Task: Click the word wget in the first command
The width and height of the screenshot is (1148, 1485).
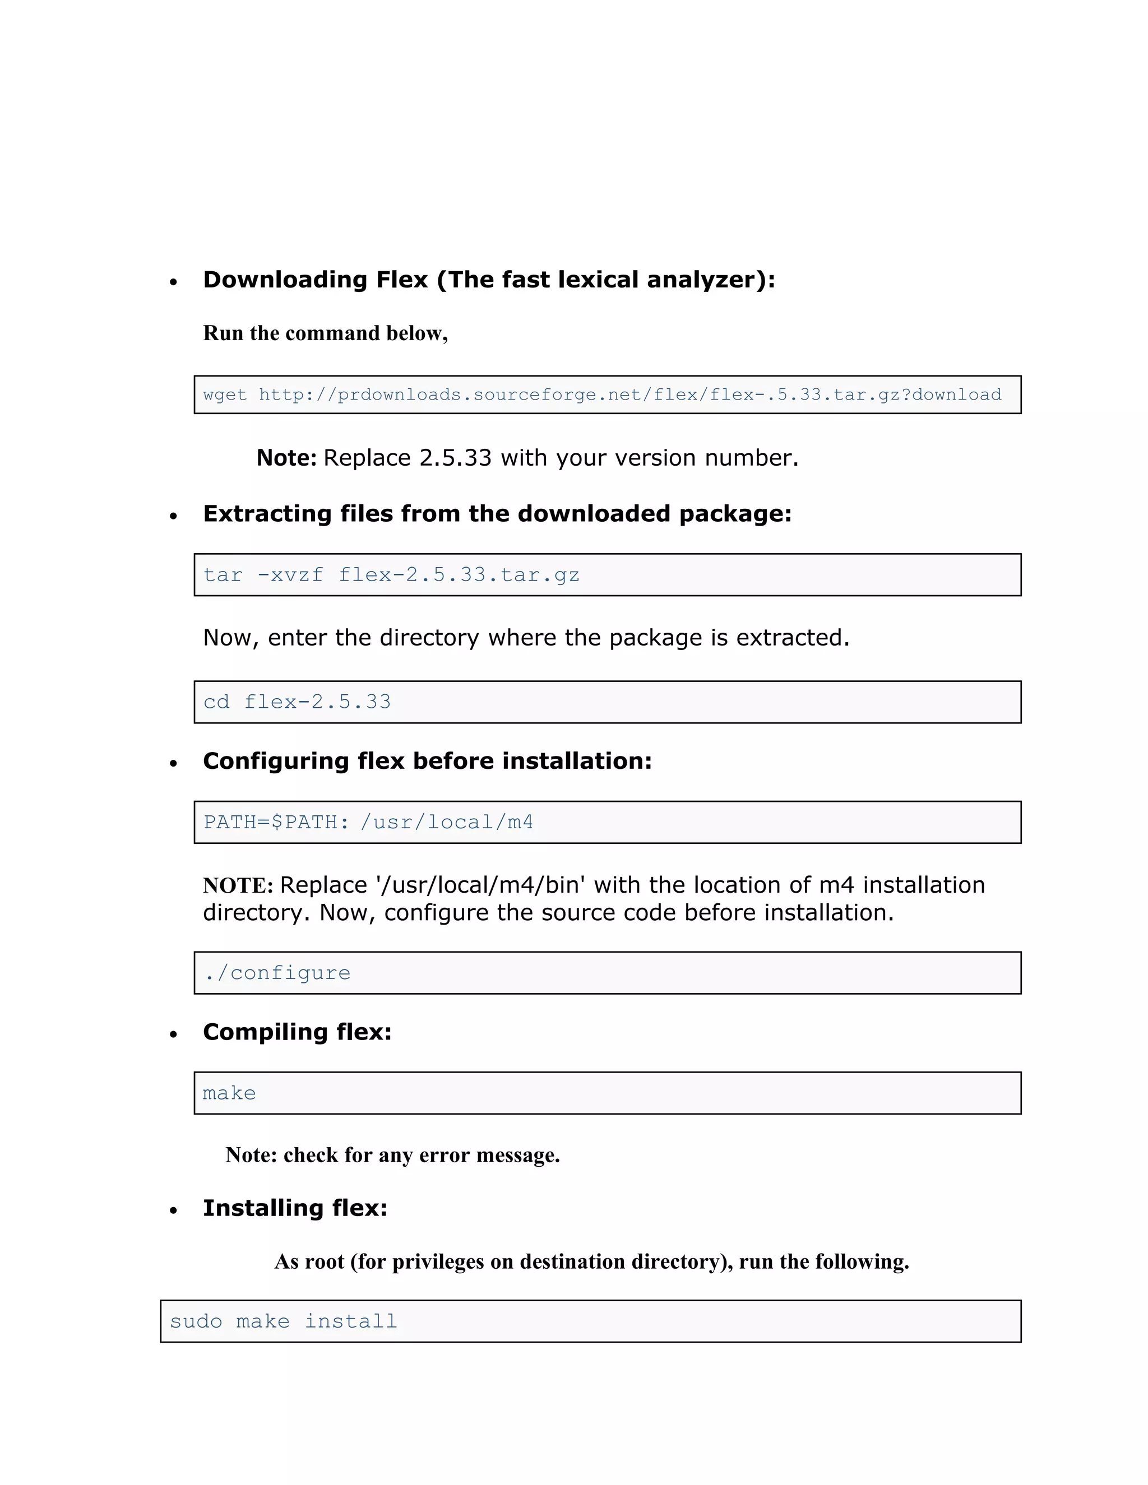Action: click(224, 395)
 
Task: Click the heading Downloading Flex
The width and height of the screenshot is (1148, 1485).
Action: click(488, 280)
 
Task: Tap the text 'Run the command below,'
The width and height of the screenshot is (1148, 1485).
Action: click(325, 333)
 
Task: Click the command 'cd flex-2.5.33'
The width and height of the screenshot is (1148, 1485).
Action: click(297, 702)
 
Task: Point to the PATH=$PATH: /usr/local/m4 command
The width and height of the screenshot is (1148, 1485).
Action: click(368, 822)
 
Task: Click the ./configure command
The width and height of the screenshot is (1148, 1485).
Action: click(277, 973)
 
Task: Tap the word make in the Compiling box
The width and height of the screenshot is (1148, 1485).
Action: click(229, 1093)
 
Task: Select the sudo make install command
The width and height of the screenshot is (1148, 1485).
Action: click(283, 1321)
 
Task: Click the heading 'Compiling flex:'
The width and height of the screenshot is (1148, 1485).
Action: click(297, 1032)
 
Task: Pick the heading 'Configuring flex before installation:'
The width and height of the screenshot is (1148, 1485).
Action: click(427, 761)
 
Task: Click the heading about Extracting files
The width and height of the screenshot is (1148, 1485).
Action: click(497, 513)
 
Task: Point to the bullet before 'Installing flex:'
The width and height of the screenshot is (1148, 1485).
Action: click(173, 1210)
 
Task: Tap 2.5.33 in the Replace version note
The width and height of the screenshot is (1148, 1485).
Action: click(455, 458)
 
